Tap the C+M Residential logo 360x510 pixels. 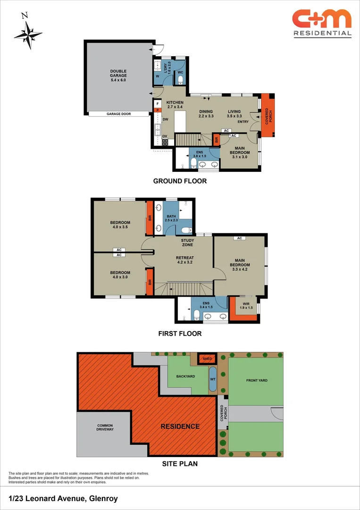[x=322, y=24]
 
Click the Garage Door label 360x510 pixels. [x=118, y=114]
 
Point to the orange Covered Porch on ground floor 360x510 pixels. [x=268, y=115]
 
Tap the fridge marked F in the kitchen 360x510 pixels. [x=158, y=104]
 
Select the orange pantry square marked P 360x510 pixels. [x=158, y=110]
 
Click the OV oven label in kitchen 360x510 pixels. [x=165, y=136]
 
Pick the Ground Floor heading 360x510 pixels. [x=180, y=181]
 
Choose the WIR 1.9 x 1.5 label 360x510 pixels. [x=246, y=306]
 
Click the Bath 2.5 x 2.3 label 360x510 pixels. [x=171, y=218]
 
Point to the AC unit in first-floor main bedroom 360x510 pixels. [x=240, y=238]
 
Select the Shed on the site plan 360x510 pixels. [x=207, y=359]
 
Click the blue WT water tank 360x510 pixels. [x=213, y=379]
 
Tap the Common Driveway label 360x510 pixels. [x=104, y=427]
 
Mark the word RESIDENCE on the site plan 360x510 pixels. [x=180, y=426]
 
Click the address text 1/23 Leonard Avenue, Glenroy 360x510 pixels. [x=63, y=498]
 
